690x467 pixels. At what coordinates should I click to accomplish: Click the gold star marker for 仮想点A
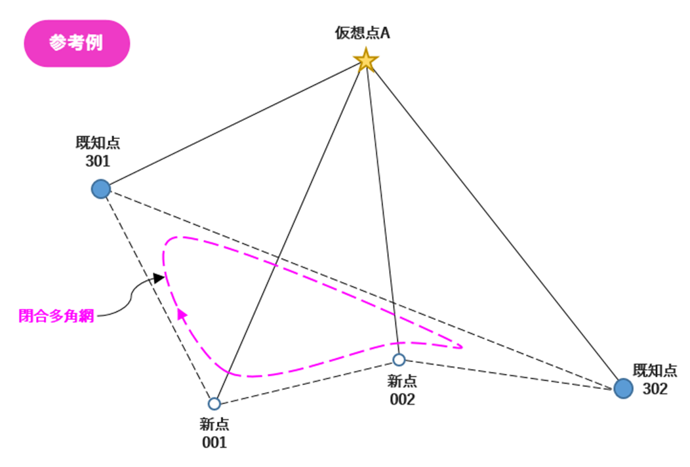pos(365,61)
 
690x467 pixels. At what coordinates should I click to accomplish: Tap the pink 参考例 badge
pos(77,43)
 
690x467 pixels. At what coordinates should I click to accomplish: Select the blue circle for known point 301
pos(100,190)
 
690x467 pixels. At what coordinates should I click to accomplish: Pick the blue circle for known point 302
pos(623,388)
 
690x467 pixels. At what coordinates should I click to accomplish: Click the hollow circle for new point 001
pos(214,403)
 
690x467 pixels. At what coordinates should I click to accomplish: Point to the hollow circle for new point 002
pos(399,359)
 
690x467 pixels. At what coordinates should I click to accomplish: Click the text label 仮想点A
pos(362,33)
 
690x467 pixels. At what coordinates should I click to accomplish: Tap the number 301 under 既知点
pos(98,161)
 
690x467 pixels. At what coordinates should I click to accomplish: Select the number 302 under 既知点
pos(655,389)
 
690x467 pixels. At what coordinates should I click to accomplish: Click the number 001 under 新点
pos(214,442)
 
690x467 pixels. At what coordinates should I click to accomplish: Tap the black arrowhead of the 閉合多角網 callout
pos(158,278)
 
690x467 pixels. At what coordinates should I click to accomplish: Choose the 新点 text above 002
pos(401,381)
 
